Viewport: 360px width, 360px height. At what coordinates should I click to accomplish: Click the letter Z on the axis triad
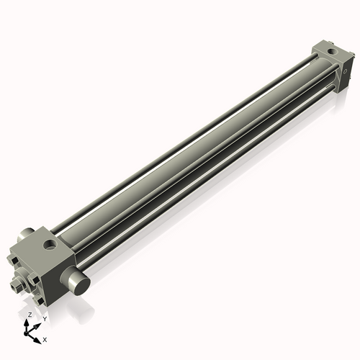point(30,315)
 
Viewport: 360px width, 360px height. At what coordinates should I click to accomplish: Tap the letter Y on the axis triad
point(45,318)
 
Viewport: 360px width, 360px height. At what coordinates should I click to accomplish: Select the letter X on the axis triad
point(45,338)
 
